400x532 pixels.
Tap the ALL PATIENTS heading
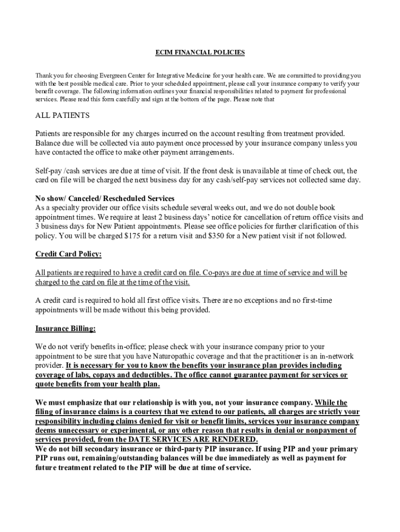[x=62, y=115]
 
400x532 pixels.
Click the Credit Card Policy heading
[x=68, y=254]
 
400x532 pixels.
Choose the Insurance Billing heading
[x=65, y=328]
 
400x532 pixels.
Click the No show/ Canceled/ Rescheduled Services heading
[x=104, y=198]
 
